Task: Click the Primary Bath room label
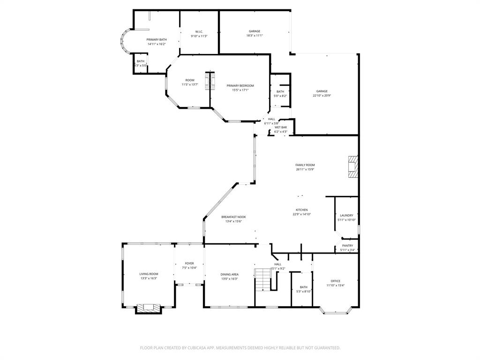157,40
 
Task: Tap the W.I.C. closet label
199,32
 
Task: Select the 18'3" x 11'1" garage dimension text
255,36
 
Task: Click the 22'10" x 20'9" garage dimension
322,96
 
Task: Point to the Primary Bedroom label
240,86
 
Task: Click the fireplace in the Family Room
352,166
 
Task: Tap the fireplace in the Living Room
149,308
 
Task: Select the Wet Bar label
281,127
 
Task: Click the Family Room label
305,165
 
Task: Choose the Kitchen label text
301,210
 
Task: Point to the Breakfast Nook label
233,217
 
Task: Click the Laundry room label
346,216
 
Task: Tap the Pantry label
347,246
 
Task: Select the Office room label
335,281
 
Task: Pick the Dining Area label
229,274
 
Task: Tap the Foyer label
189,263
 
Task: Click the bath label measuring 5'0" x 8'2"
280,96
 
